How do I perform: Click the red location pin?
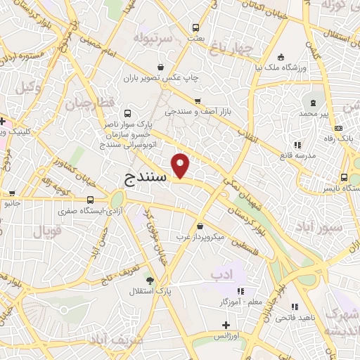[182, 165]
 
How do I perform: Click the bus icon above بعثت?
[195, 28]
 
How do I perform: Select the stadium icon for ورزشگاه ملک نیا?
[281, 57]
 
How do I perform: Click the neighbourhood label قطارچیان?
[89, 103]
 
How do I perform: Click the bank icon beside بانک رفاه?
[338, 128]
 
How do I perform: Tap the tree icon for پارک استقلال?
[150, 280]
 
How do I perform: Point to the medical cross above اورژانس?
[226, 325]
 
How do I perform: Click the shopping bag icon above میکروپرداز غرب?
[201, 226]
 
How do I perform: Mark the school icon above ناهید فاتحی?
[295, 307]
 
